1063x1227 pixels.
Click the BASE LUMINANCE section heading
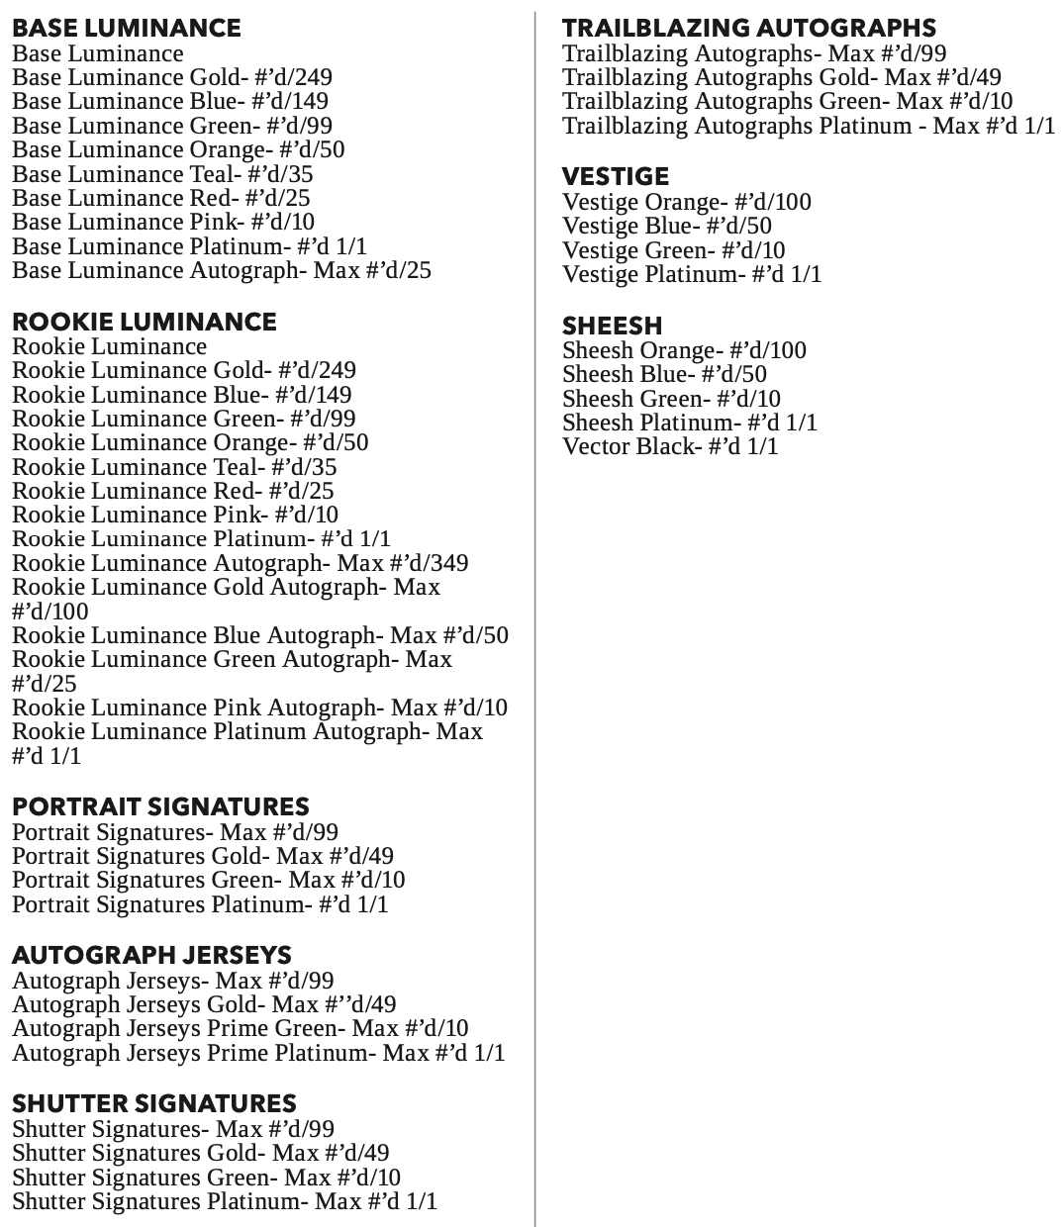[126, 28]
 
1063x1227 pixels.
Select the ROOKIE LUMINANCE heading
[144, 322]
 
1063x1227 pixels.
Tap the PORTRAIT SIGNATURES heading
[160, 806]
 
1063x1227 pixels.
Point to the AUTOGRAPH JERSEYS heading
[151, 955]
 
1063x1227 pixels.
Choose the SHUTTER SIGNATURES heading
[153, 1103]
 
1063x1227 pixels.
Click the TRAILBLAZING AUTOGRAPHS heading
[749, 28]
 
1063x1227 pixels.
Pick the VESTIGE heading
[616, 176]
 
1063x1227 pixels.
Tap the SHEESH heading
[612, 326]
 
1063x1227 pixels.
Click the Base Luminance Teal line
[162, 174]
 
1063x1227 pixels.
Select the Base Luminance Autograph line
[221, 270]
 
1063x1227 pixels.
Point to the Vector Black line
[670, 446]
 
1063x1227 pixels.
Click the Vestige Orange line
[686, 202]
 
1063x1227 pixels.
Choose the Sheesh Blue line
[664, 374]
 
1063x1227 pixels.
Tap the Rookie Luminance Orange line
[190, 442]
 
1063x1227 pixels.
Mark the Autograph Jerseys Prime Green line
[240, 1028]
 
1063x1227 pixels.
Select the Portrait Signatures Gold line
[202, 856]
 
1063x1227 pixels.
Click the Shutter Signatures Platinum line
[224, 1201]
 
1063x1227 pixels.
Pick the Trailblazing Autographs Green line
[787, 101]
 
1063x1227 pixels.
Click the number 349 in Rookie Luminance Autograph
[447, 563]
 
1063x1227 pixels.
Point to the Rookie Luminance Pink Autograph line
[259, 708]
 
